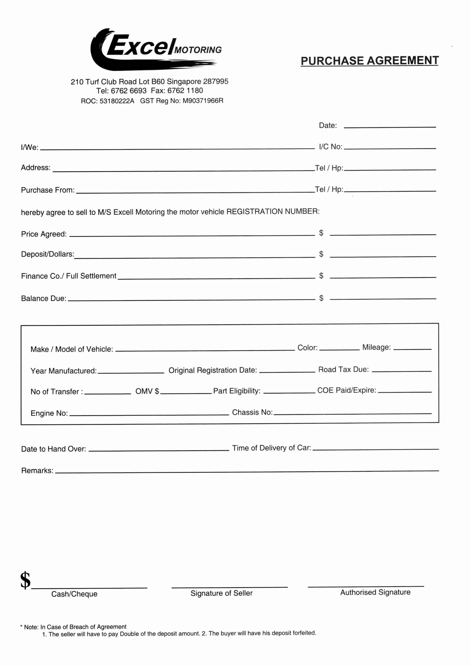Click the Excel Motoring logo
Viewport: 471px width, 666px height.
pyautogui.click(x=156, y=49)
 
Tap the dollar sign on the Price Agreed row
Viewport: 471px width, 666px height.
pyautogui.click(x=321, y=233)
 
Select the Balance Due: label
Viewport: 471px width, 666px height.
pyautogui.click(x=44, y=298)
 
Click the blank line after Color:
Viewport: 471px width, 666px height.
pyautogui.click(x=339, y=350)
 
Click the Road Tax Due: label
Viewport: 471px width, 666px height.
pyautogui.click(x=343, y=370)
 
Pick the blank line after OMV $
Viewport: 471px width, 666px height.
pyautogui.click(x=186, y=393)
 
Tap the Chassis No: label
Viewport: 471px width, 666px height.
pyautogui.click(x=252, y=412)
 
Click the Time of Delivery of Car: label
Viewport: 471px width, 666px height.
pyautogui.click(x=271, y=448)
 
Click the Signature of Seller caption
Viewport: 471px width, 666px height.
pyautogui.click(x=221, y=593)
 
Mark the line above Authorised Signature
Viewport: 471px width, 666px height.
pyautogui.click(x=366, y=586)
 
